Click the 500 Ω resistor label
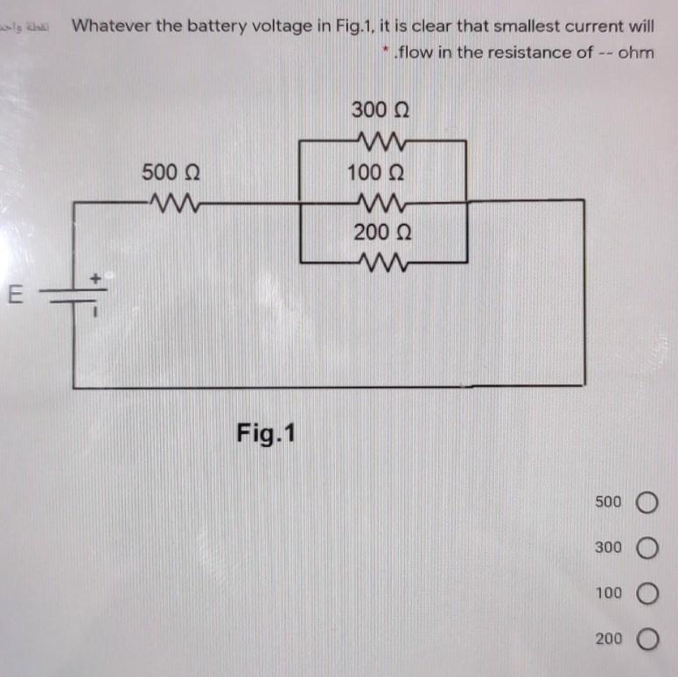(x=174, y=171)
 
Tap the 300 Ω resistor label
(x=381, y=110)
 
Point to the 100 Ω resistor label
(x=380, y=171)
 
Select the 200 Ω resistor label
(x=381, y=233)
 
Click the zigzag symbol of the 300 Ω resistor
(x=381, y=140)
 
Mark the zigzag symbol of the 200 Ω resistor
(x=381, y=261)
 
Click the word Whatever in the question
(x=111, y=26)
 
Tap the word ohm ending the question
(x=636, y=52)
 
